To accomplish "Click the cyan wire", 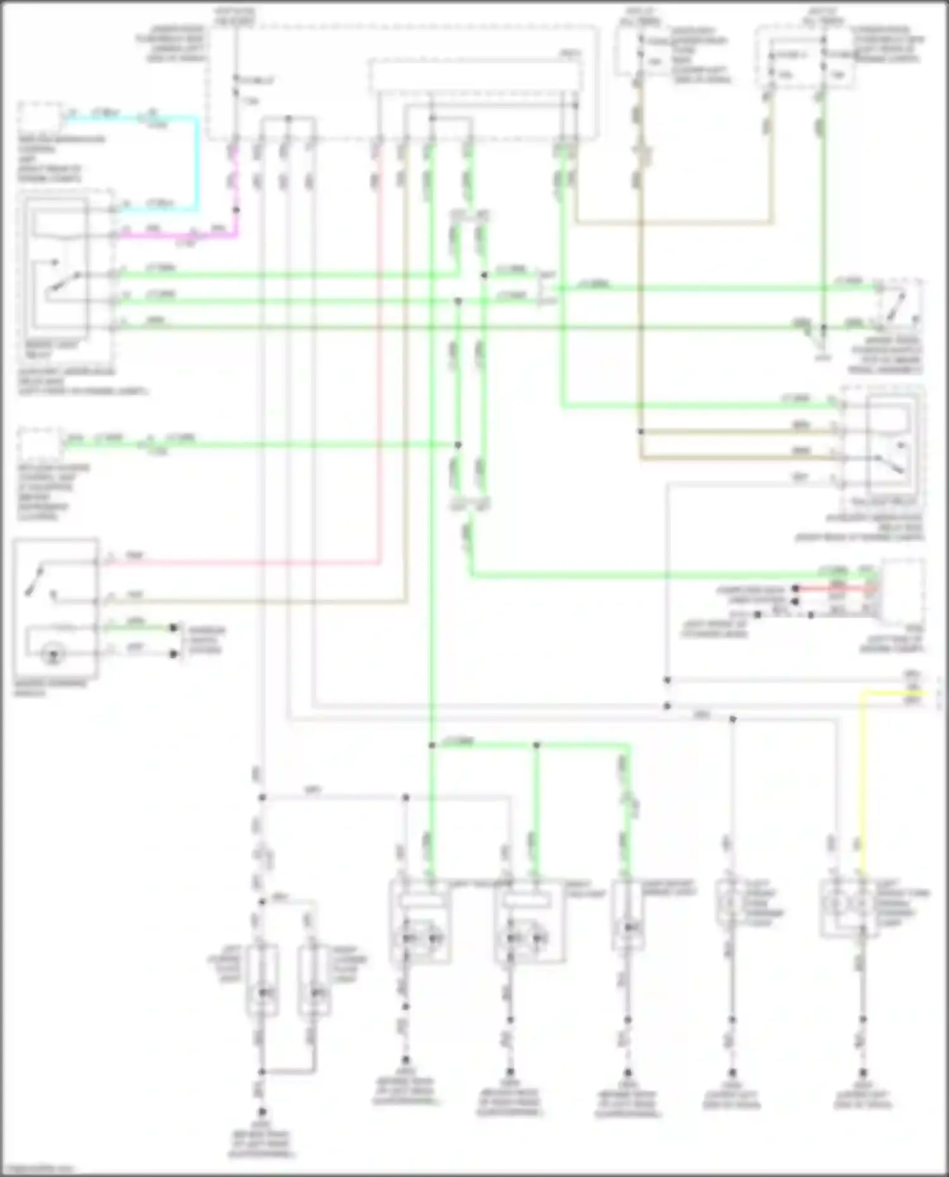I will click(197, 164).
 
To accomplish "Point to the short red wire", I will click(835, 588).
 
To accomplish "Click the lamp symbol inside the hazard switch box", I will click(53, 655).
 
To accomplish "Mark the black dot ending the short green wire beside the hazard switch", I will click(173, 627).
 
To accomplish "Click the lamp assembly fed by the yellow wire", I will click(848, 908).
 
